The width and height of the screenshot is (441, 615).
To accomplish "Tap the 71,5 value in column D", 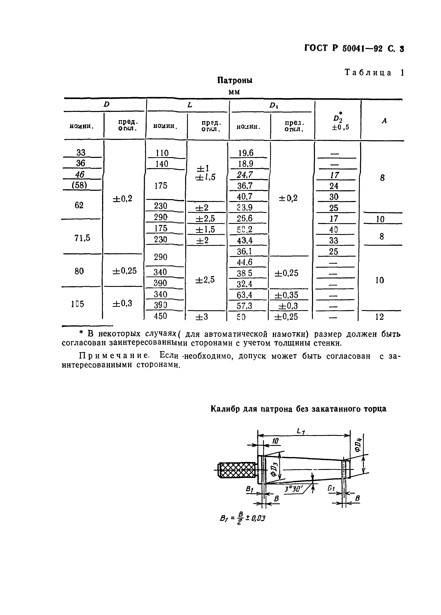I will point(82,238).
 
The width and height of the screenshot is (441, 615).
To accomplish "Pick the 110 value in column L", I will point(162,153).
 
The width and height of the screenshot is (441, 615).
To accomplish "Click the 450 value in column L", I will point(160,316).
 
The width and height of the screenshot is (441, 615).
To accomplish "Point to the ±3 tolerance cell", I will point(202,317).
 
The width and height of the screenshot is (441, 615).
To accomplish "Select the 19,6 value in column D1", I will point(246,153).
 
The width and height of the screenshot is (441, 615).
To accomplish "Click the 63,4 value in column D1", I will point(244,295).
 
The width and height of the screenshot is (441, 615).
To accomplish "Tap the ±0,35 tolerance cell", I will point(286,295).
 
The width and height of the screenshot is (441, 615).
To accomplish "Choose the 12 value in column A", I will point(379,317).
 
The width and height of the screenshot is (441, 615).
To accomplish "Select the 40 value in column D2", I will point(334,230).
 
